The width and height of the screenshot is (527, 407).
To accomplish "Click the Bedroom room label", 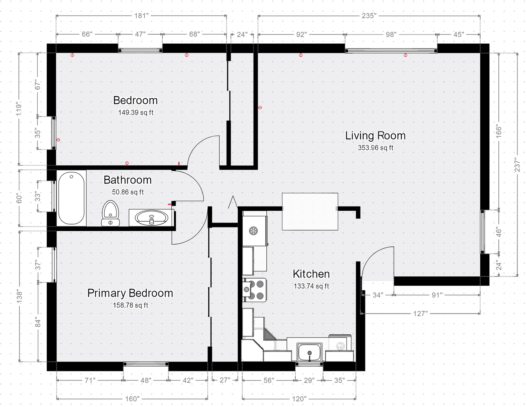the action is [x=135, y=100].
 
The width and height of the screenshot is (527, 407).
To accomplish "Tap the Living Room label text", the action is [x=375, y=136].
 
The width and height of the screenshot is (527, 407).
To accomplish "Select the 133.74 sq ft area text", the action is [x=311, y=286].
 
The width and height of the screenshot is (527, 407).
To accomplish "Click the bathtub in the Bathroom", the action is [x=71, y=198].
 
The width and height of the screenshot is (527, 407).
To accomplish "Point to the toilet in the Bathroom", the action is [x=110, y=213].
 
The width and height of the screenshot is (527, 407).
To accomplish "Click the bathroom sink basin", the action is [x=151, y=218].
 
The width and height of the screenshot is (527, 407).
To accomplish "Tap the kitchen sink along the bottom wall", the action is [x=310, y=352].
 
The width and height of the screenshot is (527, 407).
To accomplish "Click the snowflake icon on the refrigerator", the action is [x=254, y=230].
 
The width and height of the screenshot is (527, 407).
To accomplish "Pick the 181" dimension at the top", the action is [x=141, y=16].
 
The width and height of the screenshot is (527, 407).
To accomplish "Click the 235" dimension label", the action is [x=369, y=16].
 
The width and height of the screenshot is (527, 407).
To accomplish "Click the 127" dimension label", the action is [x=420, y=314].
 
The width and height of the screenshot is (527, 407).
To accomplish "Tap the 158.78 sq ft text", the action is [x=130, y=305].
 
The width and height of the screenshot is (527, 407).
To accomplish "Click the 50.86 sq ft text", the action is [x=128, y=192].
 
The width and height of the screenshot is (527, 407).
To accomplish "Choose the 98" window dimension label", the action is [x=391, y=35].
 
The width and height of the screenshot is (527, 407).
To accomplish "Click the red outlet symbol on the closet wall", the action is [x=260, y=107].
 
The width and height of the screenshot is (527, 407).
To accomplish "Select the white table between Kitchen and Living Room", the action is [x=310, y=211].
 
